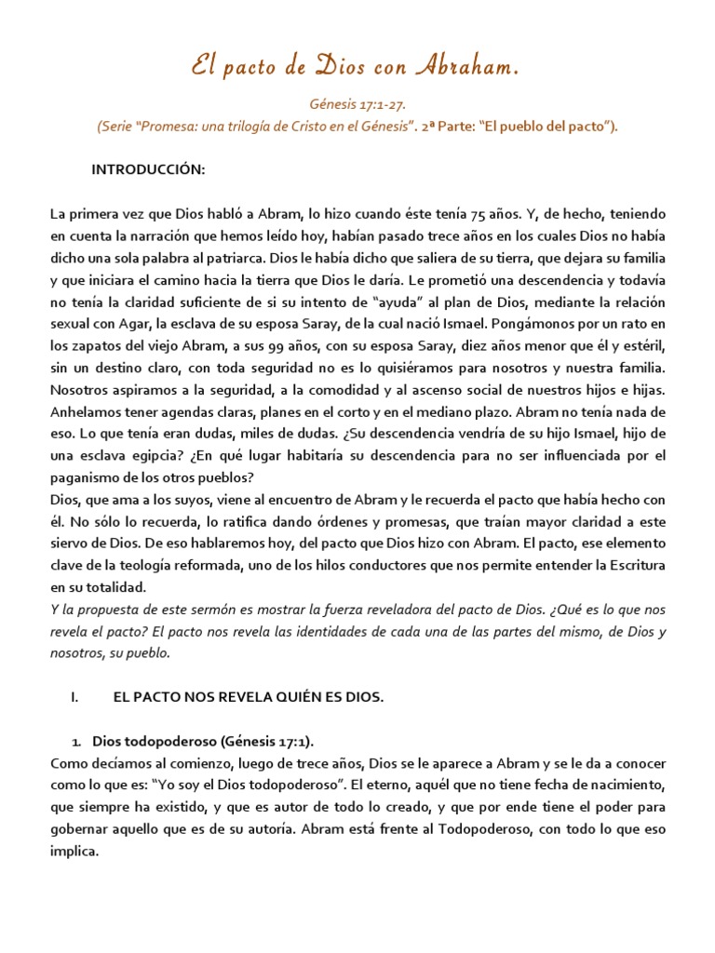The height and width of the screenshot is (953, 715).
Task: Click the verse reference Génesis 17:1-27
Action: click(x=357, y=107)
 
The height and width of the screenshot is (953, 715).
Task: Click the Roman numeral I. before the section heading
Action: click(x=74, y=695)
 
